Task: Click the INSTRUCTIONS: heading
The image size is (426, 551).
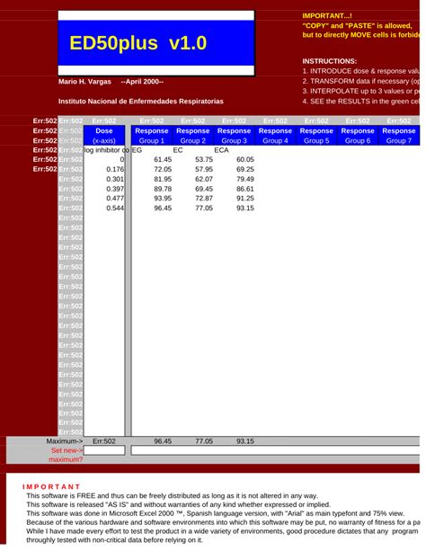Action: (x=331, y=60)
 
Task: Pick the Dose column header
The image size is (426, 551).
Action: (x=104, y=130)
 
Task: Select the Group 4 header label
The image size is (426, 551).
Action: (x=275, y=140)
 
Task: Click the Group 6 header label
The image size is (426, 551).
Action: (x=358, y=140)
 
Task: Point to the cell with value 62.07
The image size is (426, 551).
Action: (x=204, y=179)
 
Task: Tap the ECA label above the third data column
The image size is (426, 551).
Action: (x=221, y=150)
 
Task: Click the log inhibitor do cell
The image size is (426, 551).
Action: (x=107, y=150)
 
